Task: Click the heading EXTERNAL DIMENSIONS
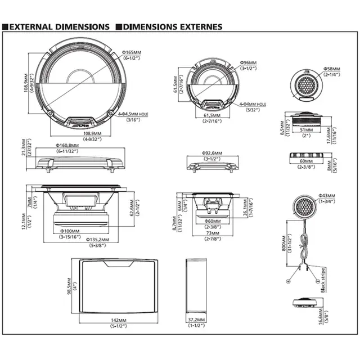point(58,26)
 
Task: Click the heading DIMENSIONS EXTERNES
point(172,26)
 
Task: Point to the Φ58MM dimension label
point(333,70)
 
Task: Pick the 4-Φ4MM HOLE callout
point(251,104)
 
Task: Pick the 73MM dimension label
point(213,232)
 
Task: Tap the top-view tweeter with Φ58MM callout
point(307,85)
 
